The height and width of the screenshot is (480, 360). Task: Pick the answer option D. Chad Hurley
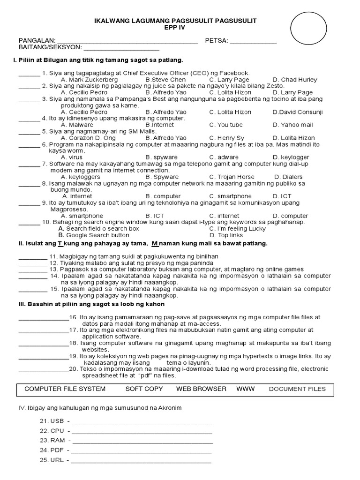click(295, 80)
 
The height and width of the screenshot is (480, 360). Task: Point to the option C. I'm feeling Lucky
click(237, 229)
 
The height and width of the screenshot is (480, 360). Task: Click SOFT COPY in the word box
click(144, 389)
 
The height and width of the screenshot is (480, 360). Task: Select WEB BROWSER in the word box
click(201, 389)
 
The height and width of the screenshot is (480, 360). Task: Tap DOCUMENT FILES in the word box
click(297, 389)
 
